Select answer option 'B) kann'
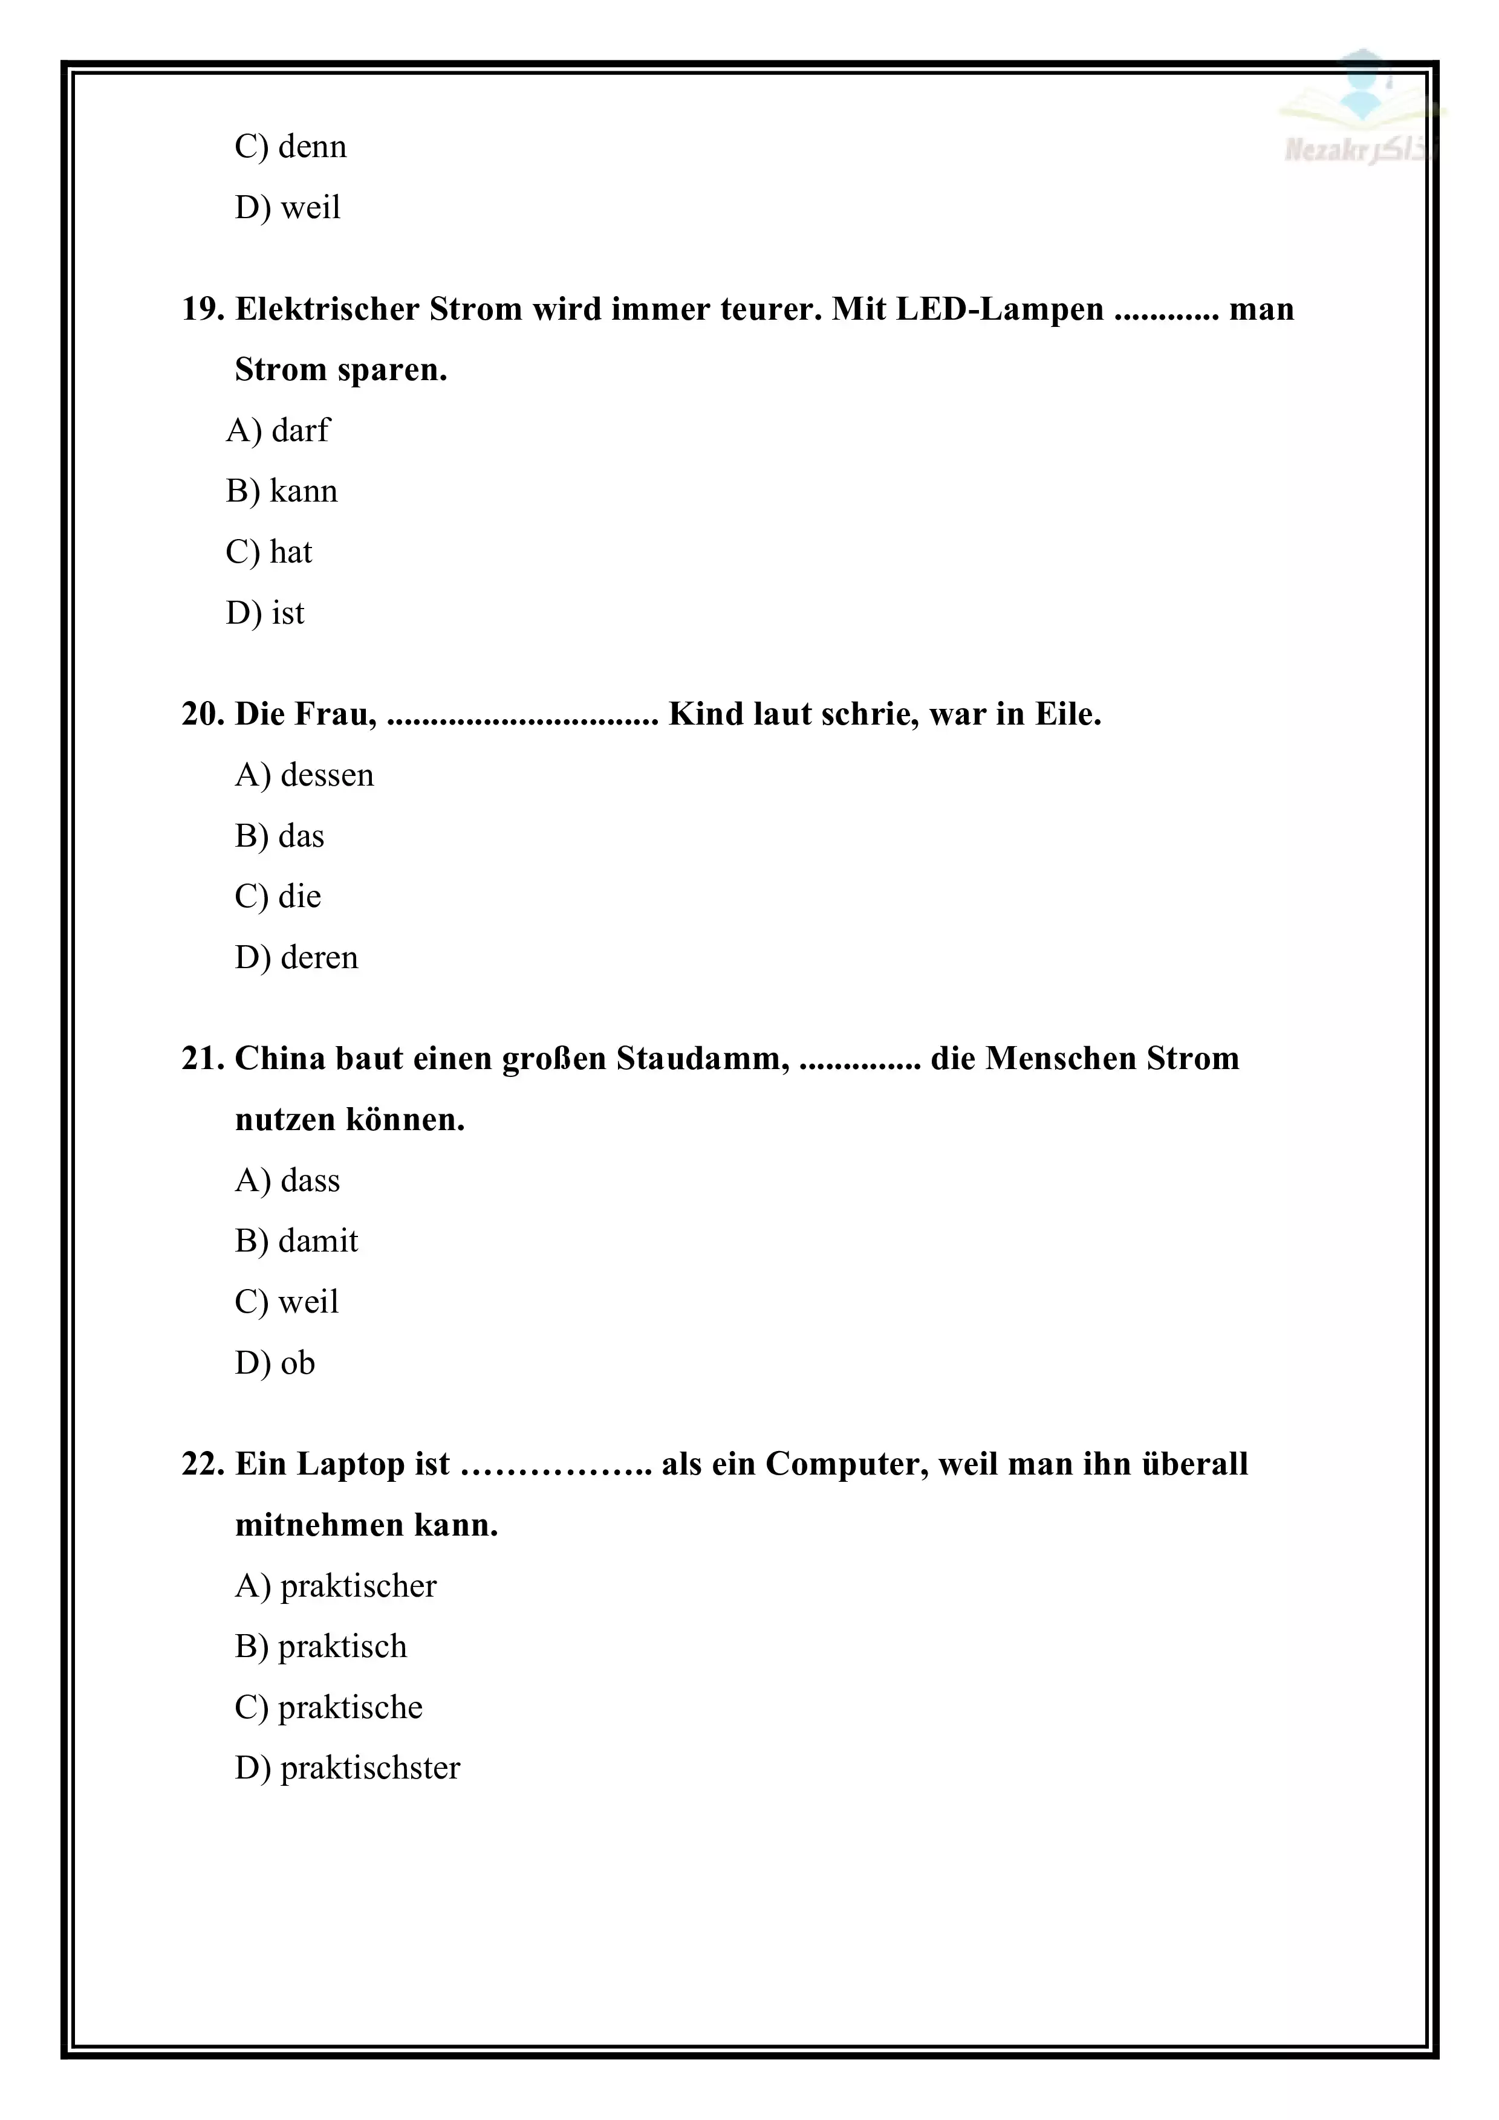coord(282,491)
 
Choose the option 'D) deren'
coord(296,957)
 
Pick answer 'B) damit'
coord(296,1241)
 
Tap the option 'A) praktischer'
coord(335,1586)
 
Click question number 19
coord(203,309)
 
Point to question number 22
coord(203,1464)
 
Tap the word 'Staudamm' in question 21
coord(703,1059)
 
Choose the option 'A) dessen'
coord(304,775)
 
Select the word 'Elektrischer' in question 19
coord(327,309)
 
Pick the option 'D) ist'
coord(265,613)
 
